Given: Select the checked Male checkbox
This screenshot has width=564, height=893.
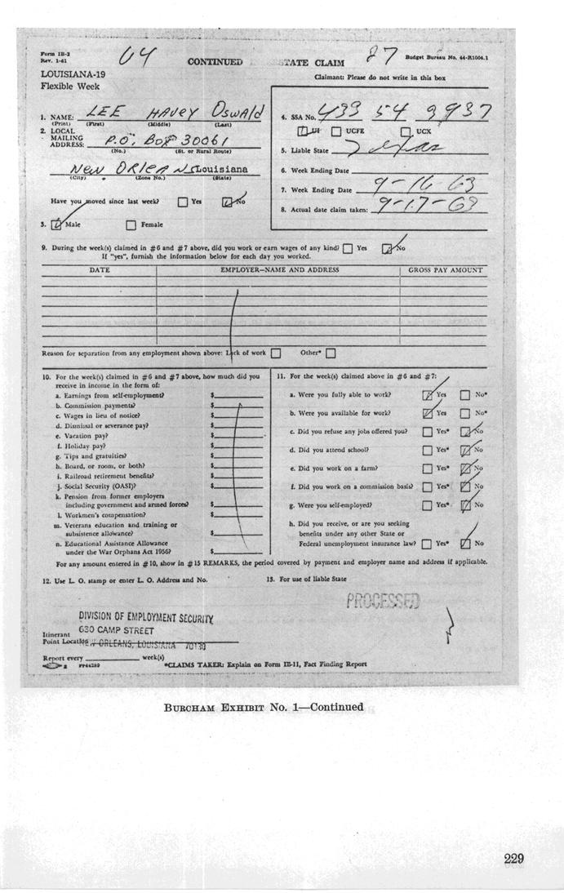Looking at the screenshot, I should [x=56, y=224].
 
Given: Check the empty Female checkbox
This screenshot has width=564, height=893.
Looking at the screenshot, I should [x=131, y=225].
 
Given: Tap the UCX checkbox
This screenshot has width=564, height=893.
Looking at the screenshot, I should [x=406, y=131].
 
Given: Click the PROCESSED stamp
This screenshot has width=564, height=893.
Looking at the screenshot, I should [x=383, y=602].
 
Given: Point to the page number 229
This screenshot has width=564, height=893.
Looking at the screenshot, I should [x=513, y=858].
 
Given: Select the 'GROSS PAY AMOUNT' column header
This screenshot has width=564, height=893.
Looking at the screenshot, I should [x=445, y=269].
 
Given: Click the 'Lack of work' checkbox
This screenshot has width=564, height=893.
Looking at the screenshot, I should [x=275, y=353].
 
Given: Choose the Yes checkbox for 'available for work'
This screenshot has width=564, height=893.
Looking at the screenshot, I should [x=428, y=414].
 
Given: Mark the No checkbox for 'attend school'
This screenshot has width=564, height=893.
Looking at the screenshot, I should [x=465, y=450].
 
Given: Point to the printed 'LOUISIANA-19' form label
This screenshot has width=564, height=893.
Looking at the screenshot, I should [x=66, y=73].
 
